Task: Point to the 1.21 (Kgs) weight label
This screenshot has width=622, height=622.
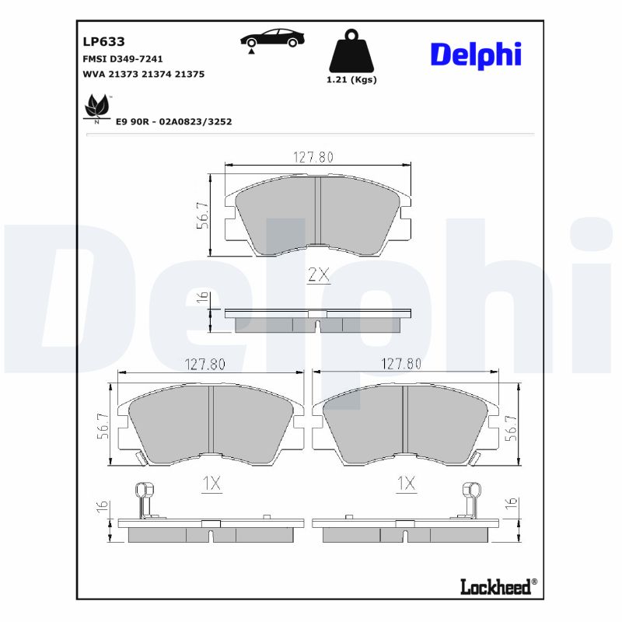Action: (352, 80)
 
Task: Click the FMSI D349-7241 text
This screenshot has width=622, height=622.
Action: (122, 59)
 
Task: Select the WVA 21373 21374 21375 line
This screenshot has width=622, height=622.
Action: (143, 74)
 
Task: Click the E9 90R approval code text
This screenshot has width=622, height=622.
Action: (173, 122)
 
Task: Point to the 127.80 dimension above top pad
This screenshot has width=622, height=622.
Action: (313, 156)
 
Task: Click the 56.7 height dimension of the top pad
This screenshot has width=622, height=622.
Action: (201, 216)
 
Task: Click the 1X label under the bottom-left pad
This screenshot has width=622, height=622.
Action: (211, 484)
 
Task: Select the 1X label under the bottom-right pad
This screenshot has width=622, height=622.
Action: (405, 484)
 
